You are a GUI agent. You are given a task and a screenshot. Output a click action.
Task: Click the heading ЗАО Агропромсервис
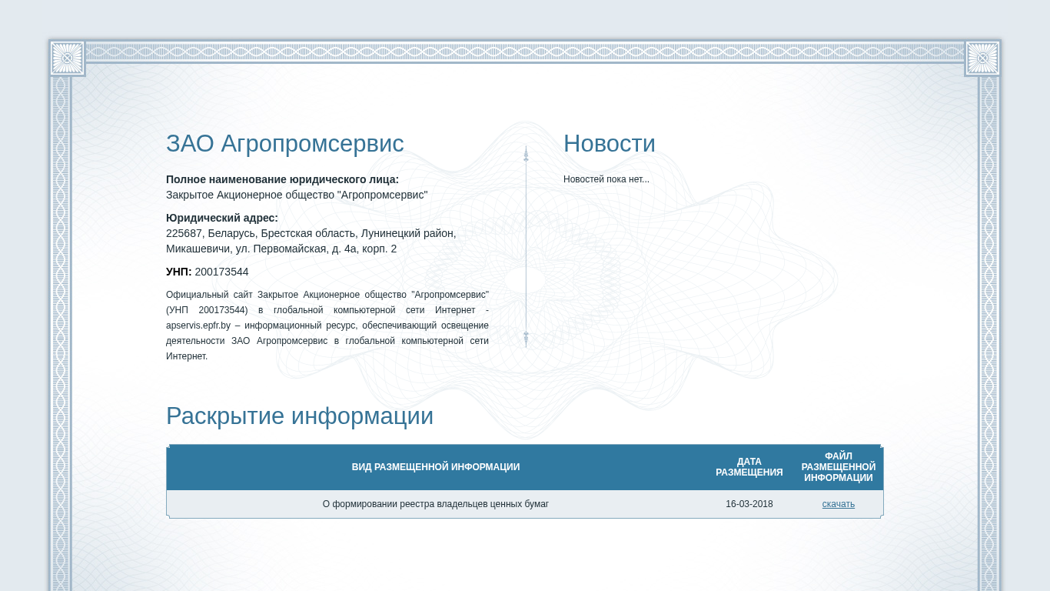[284, 144]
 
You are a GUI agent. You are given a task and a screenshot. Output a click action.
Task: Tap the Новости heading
[609, 143]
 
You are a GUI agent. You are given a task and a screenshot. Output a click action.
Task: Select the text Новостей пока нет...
[606, 179]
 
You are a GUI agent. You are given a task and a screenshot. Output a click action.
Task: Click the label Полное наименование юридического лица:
[282, 179]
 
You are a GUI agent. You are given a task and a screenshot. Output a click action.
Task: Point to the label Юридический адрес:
[221, 218]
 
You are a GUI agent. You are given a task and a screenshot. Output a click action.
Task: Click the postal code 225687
[184, 233]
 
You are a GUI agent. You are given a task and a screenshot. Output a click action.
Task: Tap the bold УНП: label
[178, 272]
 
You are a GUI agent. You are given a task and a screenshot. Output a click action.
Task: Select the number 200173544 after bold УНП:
[221, 272]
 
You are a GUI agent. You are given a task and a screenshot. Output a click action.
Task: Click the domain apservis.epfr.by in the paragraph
[198, 326]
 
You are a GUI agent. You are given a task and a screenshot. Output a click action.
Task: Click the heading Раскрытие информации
[300, 416]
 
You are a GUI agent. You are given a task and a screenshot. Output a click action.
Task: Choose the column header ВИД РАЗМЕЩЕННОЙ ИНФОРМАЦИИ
[436, 466]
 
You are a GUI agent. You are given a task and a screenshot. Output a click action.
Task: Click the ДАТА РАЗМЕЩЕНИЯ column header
[749, 466]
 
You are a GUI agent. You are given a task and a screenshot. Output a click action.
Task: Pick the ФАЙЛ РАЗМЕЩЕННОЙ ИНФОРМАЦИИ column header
[838, 466]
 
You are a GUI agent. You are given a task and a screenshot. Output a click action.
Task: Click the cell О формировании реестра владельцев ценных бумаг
[436, 504]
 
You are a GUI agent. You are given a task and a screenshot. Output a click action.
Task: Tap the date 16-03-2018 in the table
[749, 504]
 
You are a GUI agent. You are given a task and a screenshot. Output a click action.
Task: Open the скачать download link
[838, 504]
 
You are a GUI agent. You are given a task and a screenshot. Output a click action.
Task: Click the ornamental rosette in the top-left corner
[67, 58]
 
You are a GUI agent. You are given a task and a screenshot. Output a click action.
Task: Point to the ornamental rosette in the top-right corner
[982, 58]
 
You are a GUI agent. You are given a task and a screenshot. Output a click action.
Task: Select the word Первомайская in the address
[290, 249]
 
